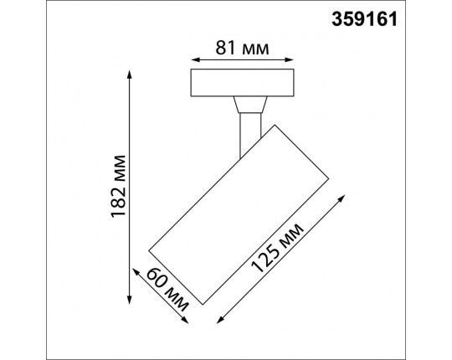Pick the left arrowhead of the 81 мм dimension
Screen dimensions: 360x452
(x=194, y=60)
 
